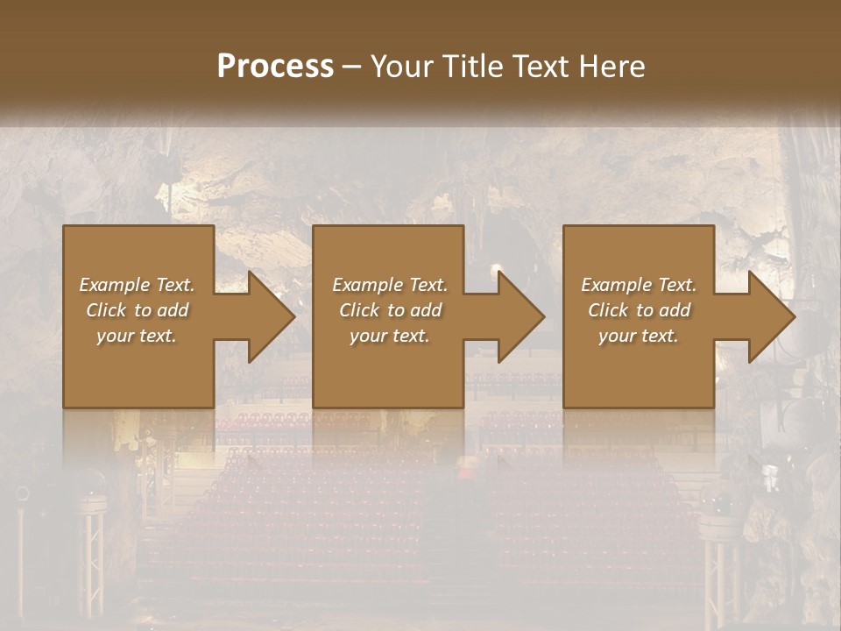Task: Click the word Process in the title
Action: (275, 67)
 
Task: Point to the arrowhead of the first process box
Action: (271, 316)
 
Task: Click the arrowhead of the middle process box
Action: (521, 316)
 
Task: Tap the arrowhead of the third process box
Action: (772, 316)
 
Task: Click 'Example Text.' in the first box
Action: (137, 285)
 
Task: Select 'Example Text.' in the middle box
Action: (390, 285)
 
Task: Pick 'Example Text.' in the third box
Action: (639, 285)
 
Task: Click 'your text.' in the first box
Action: (137, 336)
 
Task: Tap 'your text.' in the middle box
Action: (390, 336)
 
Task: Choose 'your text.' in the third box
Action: (639, 336)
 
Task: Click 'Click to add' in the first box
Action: (137, 310)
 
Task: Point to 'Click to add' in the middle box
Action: (390, 310)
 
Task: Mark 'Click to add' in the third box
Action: (639, 310)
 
